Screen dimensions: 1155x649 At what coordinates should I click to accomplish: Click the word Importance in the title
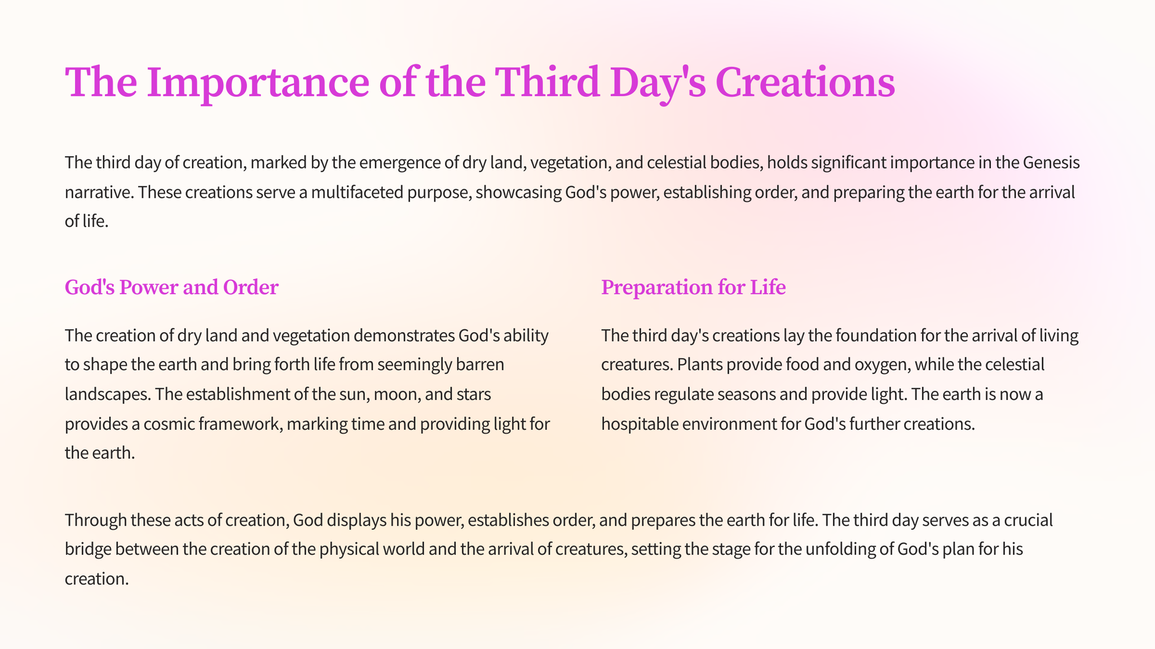point(258,83)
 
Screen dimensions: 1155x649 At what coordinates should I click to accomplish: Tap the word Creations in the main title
point(805,82)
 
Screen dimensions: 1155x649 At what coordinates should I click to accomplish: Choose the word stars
point(469,394)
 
